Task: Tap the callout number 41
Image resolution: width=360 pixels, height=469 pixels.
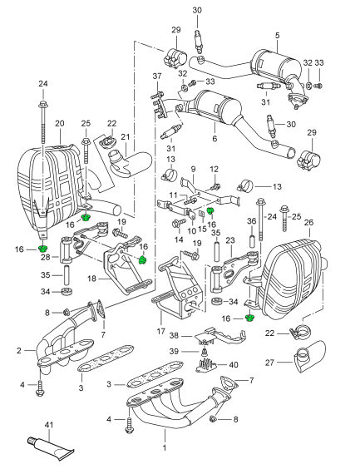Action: [x=48, y=426]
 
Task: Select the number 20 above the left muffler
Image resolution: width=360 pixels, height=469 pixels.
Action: [x=59, y=124]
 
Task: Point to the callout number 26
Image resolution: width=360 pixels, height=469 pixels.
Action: [x=308, y=223]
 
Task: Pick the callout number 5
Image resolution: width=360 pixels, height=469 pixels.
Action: [x=277, y=36]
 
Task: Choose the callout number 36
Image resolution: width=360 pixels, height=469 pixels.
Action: [x=250, y=221]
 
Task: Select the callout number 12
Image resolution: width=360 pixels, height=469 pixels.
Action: [x=214, y=170]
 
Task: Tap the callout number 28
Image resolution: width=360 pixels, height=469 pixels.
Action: [x=44, y=259]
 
